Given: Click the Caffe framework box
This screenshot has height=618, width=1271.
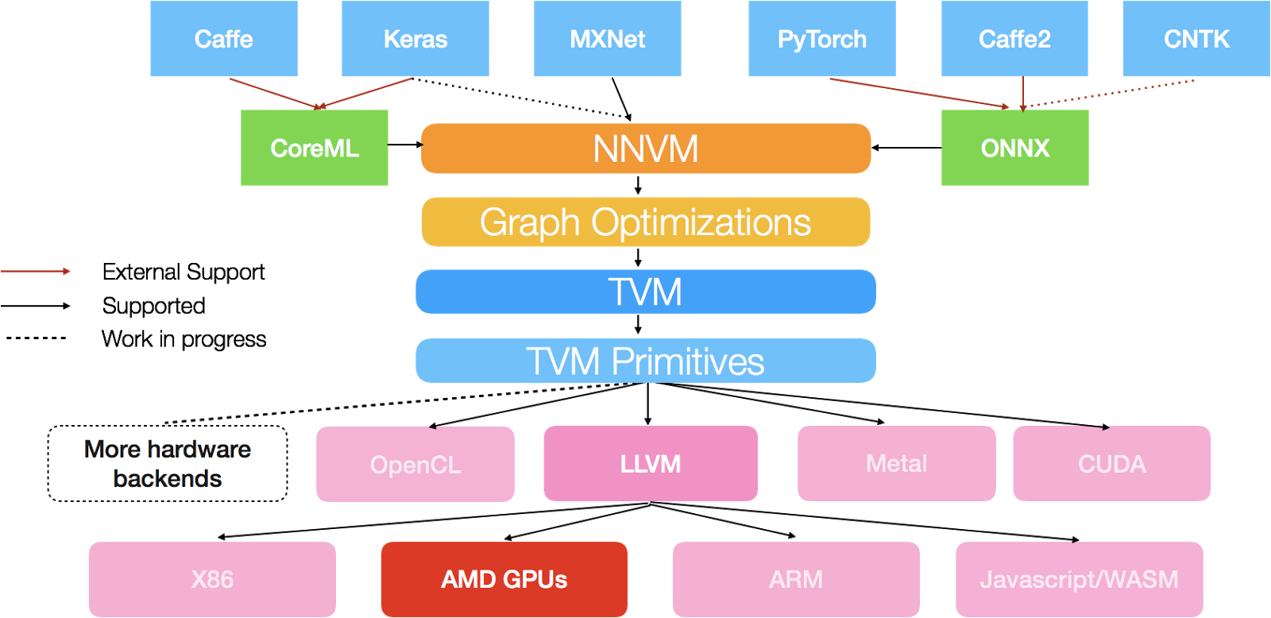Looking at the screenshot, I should click(223, 38).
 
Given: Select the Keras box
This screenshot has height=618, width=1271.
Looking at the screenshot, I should click(415, 38).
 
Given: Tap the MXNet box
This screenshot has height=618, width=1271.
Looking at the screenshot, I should click(607, 38).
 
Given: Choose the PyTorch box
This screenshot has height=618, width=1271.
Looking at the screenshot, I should click(821, 38).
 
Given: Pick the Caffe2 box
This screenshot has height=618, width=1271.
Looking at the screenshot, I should click(1014, 38).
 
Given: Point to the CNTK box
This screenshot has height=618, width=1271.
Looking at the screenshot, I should click(1196, 38).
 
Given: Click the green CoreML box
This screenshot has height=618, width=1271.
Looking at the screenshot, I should click(315, 148).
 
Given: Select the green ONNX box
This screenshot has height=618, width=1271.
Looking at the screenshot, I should click(1014, 148).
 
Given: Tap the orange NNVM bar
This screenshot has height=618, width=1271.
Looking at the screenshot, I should click(646, 149).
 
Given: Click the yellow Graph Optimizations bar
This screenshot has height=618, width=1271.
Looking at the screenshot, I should click(646, 222).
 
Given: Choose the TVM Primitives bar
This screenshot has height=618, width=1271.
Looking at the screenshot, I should click(646, 361).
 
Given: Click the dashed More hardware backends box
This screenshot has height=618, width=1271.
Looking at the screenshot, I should click(168, 464).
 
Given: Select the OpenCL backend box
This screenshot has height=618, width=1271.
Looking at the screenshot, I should click(415, 464).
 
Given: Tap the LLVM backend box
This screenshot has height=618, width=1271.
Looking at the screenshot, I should click(651, 464).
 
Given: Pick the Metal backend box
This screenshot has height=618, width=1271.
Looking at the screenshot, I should click(896, 464).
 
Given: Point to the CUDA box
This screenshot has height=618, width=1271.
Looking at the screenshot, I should click(1111, 464).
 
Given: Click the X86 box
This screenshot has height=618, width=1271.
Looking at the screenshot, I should click(212, 579).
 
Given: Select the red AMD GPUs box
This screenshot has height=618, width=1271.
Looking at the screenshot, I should click(504, 579).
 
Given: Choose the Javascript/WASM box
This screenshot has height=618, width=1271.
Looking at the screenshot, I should click(1079, 579).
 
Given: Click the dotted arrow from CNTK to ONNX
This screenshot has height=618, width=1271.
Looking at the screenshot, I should click(1112, 93).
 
